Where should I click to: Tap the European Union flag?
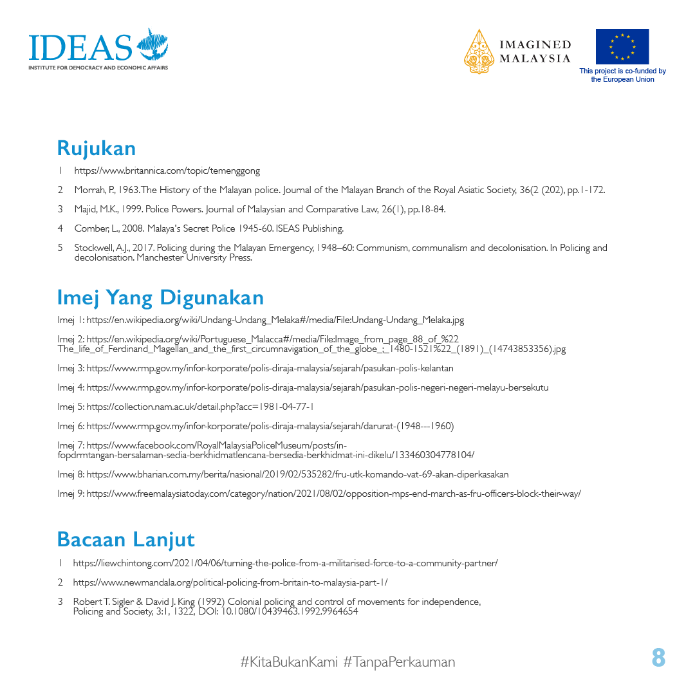pos(622,46)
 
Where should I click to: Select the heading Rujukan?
pos(97,148)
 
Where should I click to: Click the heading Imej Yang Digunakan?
pos(160,297)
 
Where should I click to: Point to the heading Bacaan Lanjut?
pos(125,539)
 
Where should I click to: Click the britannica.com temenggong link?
pos(167,171)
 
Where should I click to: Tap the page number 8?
pos(658,658)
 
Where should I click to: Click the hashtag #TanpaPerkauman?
pos(399,662)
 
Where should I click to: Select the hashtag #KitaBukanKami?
pos(289,662)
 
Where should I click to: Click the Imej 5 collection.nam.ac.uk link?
pos(200,407)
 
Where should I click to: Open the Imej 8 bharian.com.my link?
pos(297,474)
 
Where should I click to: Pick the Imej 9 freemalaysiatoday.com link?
pos(333,494)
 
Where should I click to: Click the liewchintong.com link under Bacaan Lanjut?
pos(285,563)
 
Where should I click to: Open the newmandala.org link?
pos(230,582)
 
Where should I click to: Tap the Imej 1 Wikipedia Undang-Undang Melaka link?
pos(275,320)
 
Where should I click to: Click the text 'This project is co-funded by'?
pos(622,71)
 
